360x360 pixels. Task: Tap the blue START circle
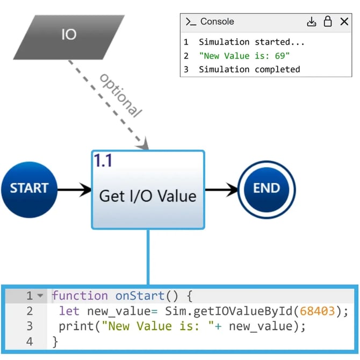coord(29,189)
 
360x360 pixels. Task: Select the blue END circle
coord(267,189)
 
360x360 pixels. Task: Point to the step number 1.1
coord(103,160)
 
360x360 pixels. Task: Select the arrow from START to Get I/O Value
coord(74,189)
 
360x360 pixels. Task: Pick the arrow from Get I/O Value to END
coord(221,189)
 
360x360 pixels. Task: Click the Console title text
coord(217,22)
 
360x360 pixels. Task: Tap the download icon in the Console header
coord(312,22)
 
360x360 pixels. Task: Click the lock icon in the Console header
coord(327,22)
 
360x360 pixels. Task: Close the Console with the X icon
coord(344,22)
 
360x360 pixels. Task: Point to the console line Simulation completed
coord(249,69)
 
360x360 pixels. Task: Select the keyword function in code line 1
coord(80,296)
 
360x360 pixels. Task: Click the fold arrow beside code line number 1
coord(40,296)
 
